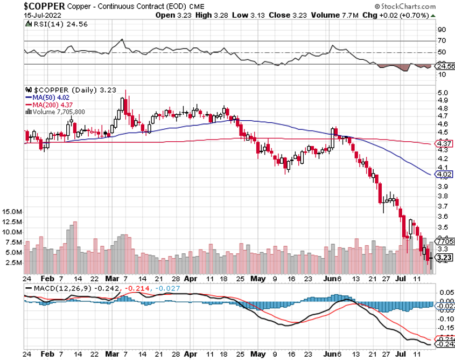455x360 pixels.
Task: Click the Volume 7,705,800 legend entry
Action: click(57, 112)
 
